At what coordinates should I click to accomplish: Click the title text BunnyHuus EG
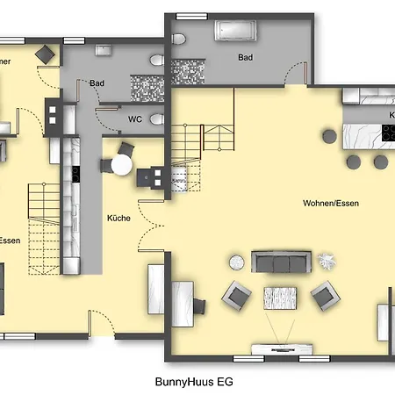(x=193, y=383)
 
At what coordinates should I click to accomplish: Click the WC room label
(x=135, y=118)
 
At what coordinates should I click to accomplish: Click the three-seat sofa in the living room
(x=281, y=261)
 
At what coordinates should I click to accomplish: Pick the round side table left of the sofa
(x=237, y=261)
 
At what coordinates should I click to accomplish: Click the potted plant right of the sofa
(x=327, y=261)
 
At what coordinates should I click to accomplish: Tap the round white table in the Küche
(x=120, y=164)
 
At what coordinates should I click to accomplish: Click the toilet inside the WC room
(x=157, y=118)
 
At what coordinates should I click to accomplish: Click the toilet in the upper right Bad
(x=178, y=39)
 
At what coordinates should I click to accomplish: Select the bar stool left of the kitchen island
(x=329, y=136)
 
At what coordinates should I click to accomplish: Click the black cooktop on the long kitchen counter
(x=75, y=171)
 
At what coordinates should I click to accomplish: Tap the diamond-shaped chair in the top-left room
(x=41, y=53)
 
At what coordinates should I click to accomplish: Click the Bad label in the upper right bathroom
(x=245, y=57)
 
